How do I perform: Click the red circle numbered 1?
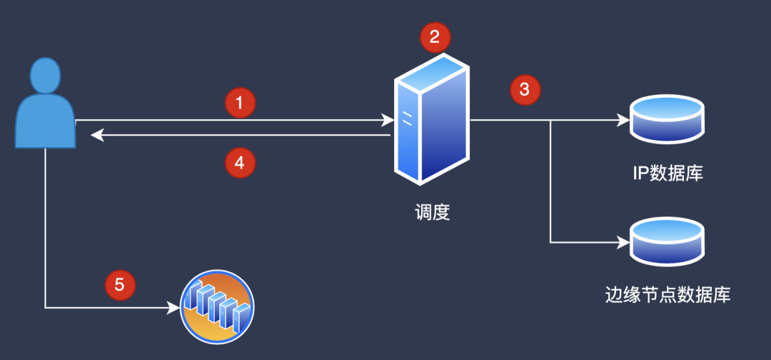point(240,104)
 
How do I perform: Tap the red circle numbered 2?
point(435,37)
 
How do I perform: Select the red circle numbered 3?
point(525,90)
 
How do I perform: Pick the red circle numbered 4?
point(240,163)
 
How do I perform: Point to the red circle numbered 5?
point(119,285)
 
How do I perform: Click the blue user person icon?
point(45,103)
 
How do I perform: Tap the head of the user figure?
point(45,75)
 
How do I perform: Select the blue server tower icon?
point(430,119)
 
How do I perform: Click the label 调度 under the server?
point(432,214)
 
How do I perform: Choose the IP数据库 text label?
point(667,173)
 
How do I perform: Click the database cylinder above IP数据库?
point(667,119)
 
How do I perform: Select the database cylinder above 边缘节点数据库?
point(667,241)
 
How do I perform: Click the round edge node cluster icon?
point(217,307)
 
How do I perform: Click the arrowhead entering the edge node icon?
point(173,308)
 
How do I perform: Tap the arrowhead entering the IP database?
point(624,119)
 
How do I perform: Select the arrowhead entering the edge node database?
point(624,242)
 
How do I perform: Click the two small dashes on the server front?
point(407,118)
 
